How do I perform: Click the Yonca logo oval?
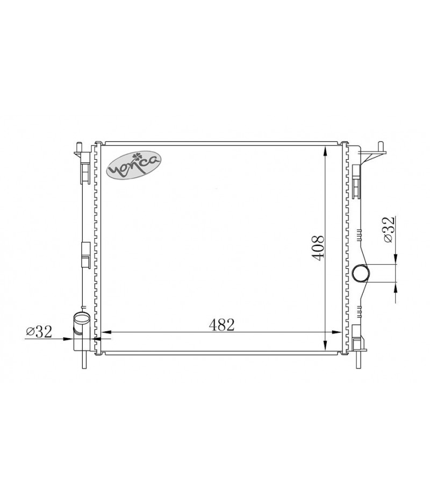pos(133,165)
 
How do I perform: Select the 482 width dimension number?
pos(221,324)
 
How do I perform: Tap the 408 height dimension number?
pos(318,248)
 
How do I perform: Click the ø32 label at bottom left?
pos(39,332)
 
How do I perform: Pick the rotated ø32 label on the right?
pos(389,229)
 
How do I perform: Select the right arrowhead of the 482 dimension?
pos(336,332)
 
